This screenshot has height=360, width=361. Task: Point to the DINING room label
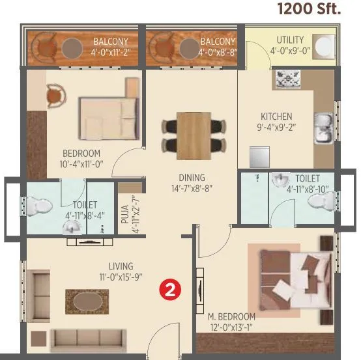click(x=192, y=177)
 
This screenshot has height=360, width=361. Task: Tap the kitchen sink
click(x=322, y=129)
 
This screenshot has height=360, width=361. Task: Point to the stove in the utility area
click(x=287, y=79)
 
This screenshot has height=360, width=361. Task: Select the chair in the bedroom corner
click(x=56, y=96)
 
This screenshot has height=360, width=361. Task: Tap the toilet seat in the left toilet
click(x=42, y=206)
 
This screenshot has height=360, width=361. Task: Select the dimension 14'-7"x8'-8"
click(x=192, y=189)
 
